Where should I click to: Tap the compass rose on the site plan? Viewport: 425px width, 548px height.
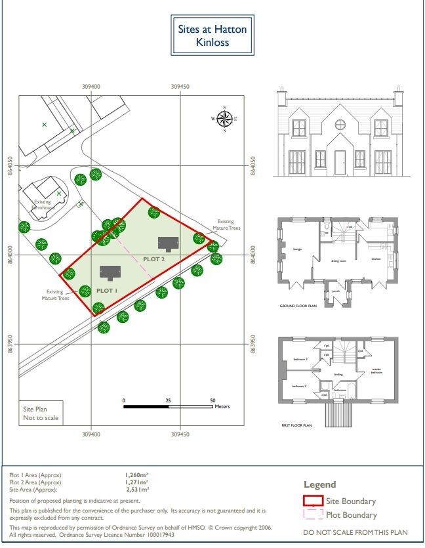click(224, 119)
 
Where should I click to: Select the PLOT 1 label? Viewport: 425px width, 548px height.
click(106, 289)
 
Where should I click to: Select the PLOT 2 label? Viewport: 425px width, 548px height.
click(153, 259)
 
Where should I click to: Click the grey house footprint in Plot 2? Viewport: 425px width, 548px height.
click(168, 244)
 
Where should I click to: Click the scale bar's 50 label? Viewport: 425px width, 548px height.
click(212, 400)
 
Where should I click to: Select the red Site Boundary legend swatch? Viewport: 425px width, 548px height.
click(313, 501)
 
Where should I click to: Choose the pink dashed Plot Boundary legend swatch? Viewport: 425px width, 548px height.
click(313, 515)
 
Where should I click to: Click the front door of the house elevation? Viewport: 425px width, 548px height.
click(340, 162)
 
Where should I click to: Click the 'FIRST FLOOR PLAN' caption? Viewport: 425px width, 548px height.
click(296, 425)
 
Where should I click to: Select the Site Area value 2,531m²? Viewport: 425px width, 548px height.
click(136, 489)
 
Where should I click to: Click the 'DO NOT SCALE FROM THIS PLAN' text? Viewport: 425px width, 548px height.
click(355, 532)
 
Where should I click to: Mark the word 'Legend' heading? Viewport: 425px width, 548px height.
click(319, 484)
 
